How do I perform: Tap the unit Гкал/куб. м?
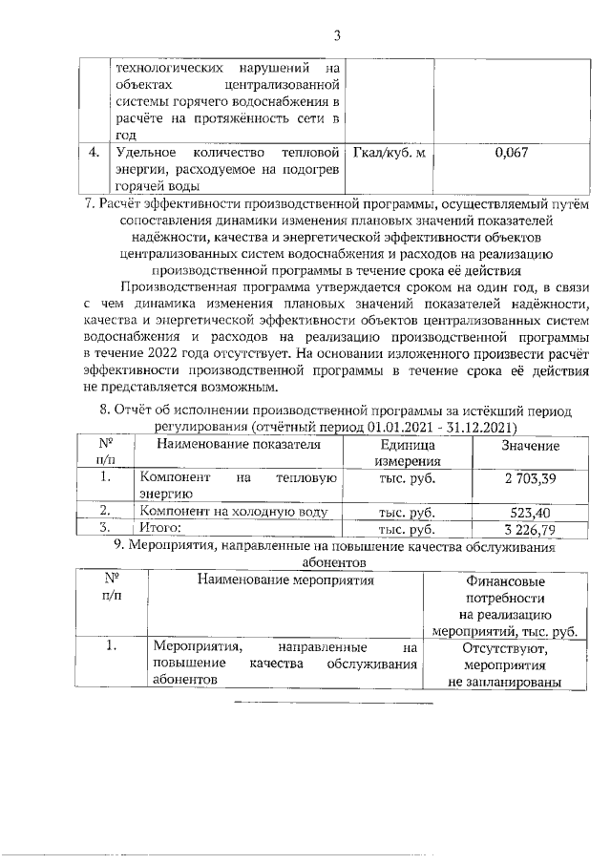tap(390, 152)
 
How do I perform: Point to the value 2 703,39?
tap(530, 475)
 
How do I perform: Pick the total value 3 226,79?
tap(530, 527)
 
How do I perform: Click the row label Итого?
tap(160, 527)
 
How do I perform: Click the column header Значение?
tap(530, 446)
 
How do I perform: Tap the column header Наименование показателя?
tap(239, 445)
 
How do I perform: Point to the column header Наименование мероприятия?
tap(284, 580)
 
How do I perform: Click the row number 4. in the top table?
tap(94, 152)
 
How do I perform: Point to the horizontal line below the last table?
tap(333, 703)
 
